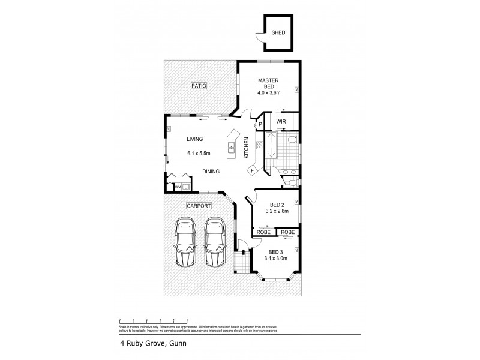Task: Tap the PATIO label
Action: pyautogui.click(x=199, y=86)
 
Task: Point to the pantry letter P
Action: pyautogui.click(x=260, y=125)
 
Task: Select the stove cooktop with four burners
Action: pyautogui.click(x=260, y=145)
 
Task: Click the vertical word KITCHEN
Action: pyautogui.click(x=246, y=148)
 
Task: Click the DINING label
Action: pyautogui.click(x=210, y=171)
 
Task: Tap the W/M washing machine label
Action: pyautogui.click(x=177, y=187)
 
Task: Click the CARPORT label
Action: pyautogui.click(x=198, y=206)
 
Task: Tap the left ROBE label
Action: pyautogui.click(x=263, y=232)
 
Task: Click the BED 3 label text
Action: pyautogui.click(x=276, y=252)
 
